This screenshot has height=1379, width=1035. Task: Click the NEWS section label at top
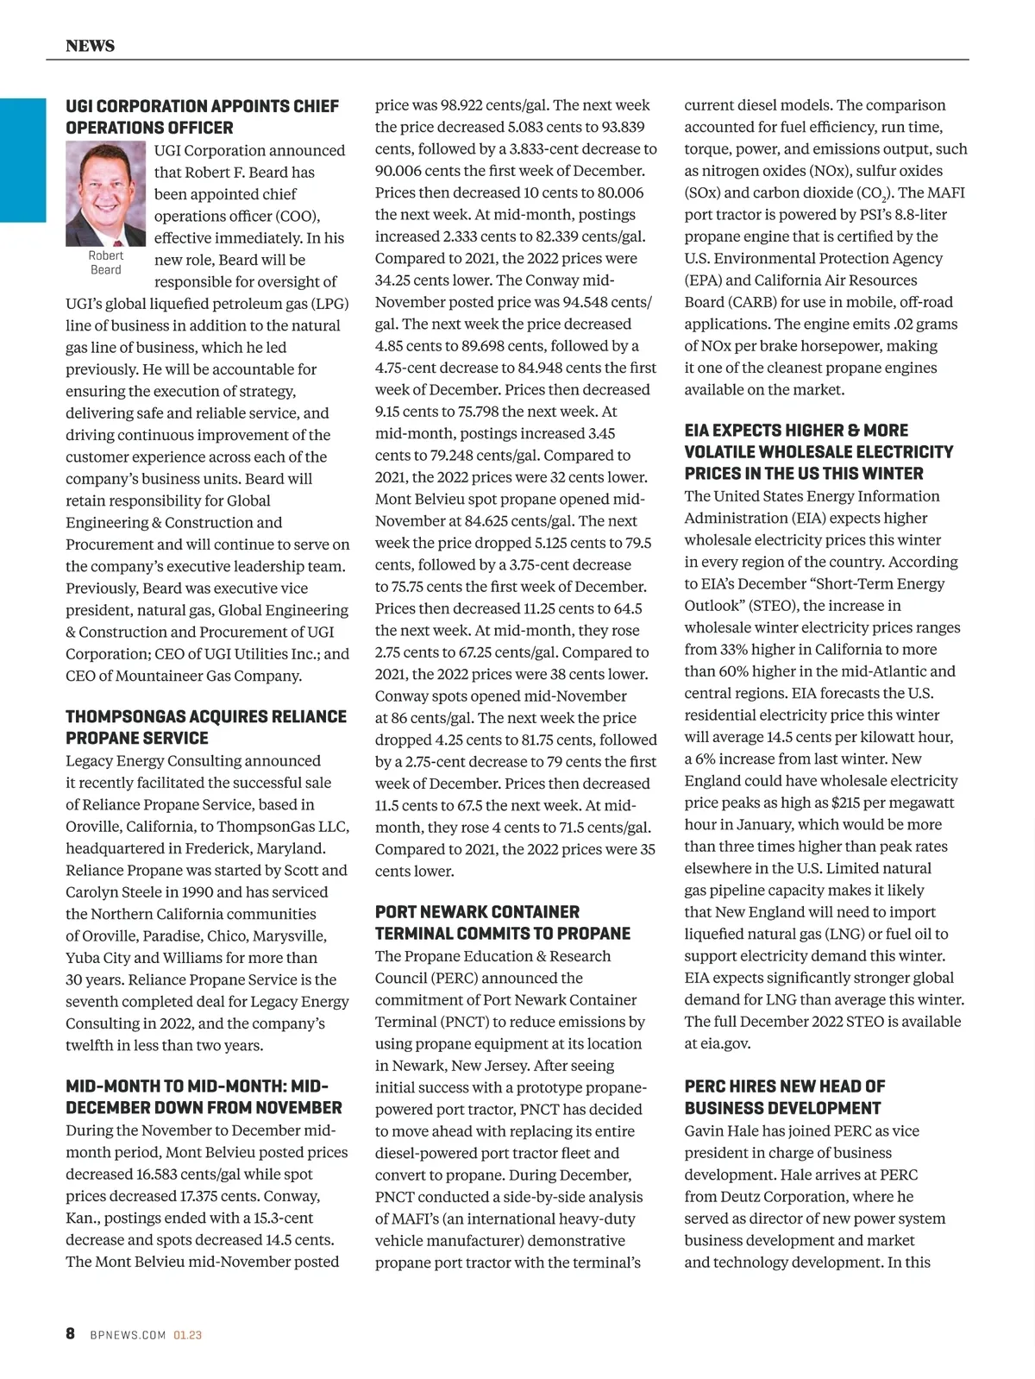(x=90, y=46)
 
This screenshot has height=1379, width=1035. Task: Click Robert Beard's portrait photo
(x=106, y=193)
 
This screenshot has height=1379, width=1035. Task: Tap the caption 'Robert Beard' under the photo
(x=106, y=262)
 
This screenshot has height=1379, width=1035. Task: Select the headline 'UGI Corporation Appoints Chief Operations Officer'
(x=203, y=116)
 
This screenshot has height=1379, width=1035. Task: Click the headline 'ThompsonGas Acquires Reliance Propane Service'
(x=206, y=727)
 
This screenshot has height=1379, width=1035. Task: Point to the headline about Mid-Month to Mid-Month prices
(x=204, y=1096)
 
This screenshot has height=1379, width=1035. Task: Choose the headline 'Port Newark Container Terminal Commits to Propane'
(x=502, y=922)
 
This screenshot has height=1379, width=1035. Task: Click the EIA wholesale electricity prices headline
(x=819, y=451)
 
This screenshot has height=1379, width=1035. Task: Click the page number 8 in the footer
(x=71, y=1333)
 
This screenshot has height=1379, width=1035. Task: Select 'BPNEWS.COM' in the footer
(x=128, y=1335)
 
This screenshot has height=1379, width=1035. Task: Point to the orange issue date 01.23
(x=187, y=1335)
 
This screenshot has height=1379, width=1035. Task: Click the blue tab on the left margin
(x=22, y=161)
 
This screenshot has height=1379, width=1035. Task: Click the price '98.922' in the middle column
(x=461, y=105)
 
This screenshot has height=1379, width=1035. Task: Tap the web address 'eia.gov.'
(x=725, y=1043)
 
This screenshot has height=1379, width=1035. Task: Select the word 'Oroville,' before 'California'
(x=95, y=827)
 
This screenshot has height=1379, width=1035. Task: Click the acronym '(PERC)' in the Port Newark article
(x=403, y=978)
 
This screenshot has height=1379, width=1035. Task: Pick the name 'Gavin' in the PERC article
(x=707, y=1130)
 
